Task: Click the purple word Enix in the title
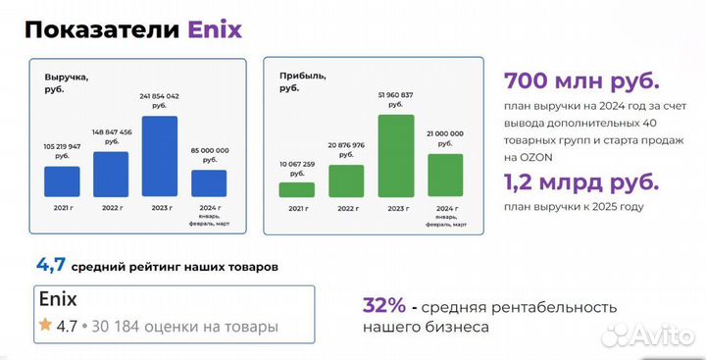[x=214, y=29]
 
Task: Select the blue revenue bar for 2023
[x=160, y=157]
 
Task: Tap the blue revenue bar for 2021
[x=62, y=181]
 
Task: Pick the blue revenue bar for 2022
[x=111, y=174]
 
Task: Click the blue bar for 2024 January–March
[x=208, y=183]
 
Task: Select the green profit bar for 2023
[x=395, y=156]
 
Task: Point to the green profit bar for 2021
[x=297, y=190]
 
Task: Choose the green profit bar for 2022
[x=346, y=181]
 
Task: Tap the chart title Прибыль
[x=302, y=76]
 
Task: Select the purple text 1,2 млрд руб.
[x=581, y=182]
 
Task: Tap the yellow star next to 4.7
[x=45, y=325]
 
